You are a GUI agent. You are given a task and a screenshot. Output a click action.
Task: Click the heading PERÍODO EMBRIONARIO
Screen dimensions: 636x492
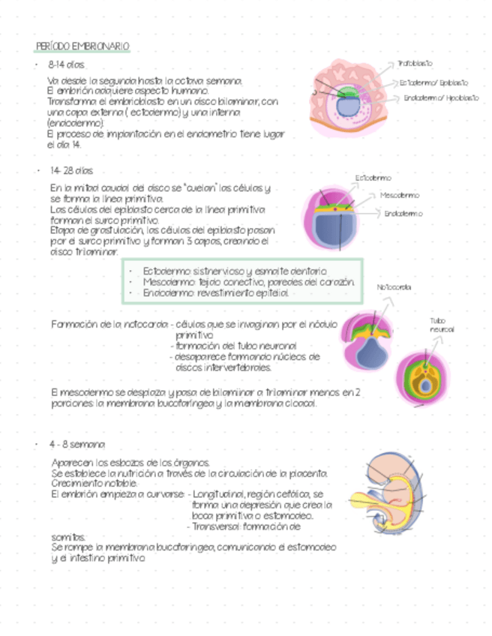click(x=82, y=47)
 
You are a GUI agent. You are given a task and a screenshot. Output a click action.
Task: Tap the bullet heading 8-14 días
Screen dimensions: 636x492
click(x=66, y=65)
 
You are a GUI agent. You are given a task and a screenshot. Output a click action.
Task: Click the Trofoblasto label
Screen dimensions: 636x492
click(x=415, y=64)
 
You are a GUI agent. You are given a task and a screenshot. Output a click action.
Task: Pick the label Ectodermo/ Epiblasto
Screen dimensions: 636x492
click(x=433, y=82)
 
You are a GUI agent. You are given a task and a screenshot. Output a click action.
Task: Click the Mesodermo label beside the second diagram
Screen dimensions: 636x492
click(x=400, y=195)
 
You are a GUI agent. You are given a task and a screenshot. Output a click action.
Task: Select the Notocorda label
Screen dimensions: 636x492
click(x=393, y=287)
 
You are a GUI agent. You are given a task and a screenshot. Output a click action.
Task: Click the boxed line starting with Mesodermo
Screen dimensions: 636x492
click(x=247, y=283)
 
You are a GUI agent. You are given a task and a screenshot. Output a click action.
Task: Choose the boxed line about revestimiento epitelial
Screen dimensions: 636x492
click(x=215, y=294)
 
